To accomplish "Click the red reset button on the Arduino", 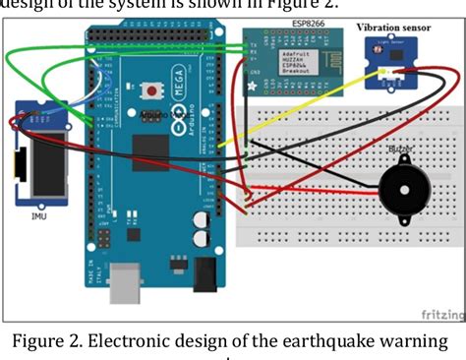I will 154,91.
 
